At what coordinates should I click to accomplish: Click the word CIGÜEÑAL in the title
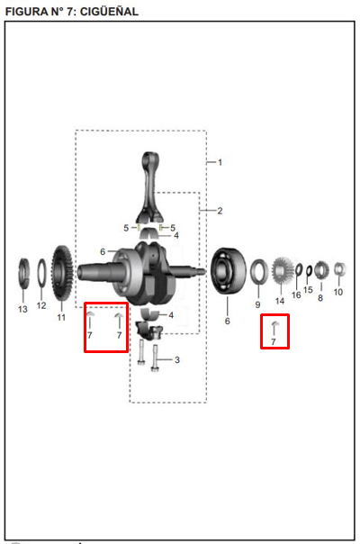tap(109, 12)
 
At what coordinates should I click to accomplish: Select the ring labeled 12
tap(41, 273)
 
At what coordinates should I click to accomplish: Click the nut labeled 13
tap(24, 274)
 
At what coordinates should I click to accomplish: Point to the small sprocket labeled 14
tap(283, 270)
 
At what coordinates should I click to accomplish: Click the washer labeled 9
tap(259, 272)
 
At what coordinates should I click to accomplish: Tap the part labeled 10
tap(340, 269)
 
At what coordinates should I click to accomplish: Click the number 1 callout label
tap(220, 162)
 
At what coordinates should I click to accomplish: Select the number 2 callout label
tap(220, 211)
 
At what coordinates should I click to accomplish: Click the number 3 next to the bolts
tap(177, 359)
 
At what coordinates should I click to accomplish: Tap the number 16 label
tap(296, 295)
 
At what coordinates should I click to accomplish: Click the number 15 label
tap(308, 290)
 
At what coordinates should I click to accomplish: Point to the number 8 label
tap(320, 298)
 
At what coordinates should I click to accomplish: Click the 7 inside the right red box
tap(274, 342)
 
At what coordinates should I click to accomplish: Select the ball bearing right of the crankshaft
tap(228, 271)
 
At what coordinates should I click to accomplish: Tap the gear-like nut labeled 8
tap(322, 270)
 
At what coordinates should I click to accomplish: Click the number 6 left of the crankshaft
tap(103, 251)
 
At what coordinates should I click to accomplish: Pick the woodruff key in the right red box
tap(275, 323)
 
